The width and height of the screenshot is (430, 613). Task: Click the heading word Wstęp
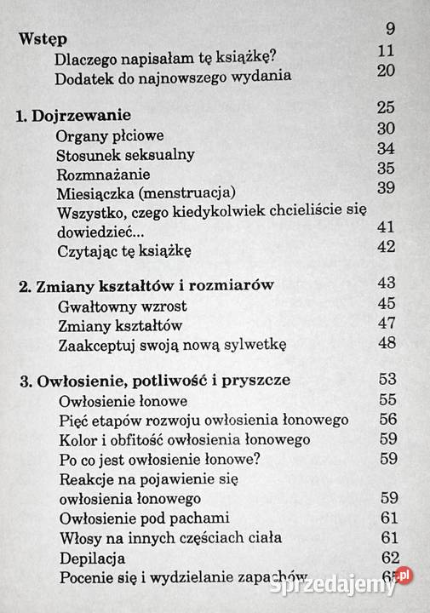pos(43,40)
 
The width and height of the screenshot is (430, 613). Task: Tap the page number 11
pos(386,50)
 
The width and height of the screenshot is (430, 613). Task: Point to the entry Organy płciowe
pos(110,135)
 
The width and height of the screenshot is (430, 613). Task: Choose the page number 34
pos(387,148)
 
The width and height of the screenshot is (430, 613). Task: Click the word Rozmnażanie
pos(102,174)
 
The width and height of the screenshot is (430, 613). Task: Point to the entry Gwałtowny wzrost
pos(123,306)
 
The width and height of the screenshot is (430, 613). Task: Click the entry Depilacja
pos(93,559)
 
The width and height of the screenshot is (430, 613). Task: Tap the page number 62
pos(391,558)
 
